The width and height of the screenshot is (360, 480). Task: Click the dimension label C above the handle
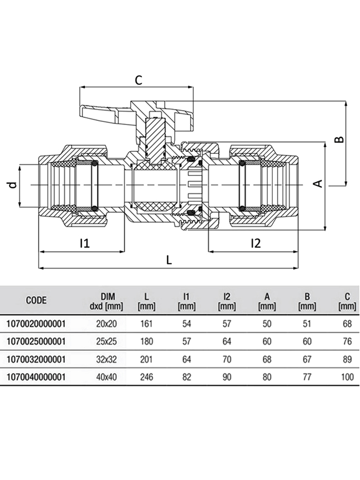138,80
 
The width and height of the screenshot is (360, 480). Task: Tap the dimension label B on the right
338,140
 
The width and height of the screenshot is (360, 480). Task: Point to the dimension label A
318,184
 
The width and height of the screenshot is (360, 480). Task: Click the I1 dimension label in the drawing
84,243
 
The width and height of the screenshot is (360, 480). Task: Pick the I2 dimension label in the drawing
255,243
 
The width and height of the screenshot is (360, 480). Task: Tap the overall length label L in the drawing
169,260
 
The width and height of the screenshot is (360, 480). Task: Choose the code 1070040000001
36,377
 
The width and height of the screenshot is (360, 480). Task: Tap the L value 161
147,324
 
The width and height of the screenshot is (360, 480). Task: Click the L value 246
147,377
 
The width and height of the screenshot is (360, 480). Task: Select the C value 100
347,377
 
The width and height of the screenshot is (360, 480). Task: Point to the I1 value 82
186,377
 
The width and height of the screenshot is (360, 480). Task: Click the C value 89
347,359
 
